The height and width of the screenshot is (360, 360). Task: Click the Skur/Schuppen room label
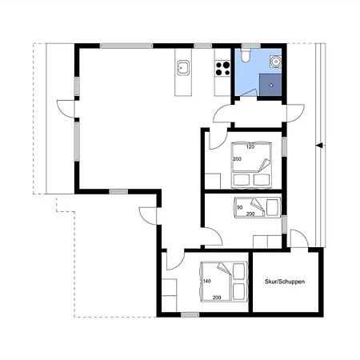point(285,282)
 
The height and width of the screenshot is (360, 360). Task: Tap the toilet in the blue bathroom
point(246,55)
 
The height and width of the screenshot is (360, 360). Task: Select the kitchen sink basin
point(183,68)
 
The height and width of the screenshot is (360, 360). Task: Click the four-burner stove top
point(222,69)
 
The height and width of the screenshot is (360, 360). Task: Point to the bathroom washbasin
point(275,61)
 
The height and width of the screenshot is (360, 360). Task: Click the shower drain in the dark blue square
point(271,86)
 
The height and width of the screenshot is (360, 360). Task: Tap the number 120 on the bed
point(250,146)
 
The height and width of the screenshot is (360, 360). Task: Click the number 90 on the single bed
point(240,207)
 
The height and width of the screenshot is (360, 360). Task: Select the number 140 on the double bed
point(207,281)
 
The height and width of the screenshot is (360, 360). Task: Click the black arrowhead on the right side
point(319,146)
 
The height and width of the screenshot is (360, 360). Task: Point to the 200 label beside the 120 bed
point(237,159)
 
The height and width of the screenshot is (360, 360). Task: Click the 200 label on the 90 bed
point(250,214)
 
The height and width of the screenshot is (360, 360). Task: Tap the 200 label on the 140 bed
point(217,298)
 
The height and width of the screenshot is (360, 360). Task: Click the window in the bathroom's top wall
point(251,46)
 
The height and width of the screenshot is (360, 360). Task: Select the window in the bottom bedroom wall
point(190,315)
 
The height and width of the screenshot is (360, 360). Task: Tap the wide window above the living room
point(126,46)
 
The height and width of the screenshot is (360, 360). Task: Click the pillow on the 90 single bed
point(273,207)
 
